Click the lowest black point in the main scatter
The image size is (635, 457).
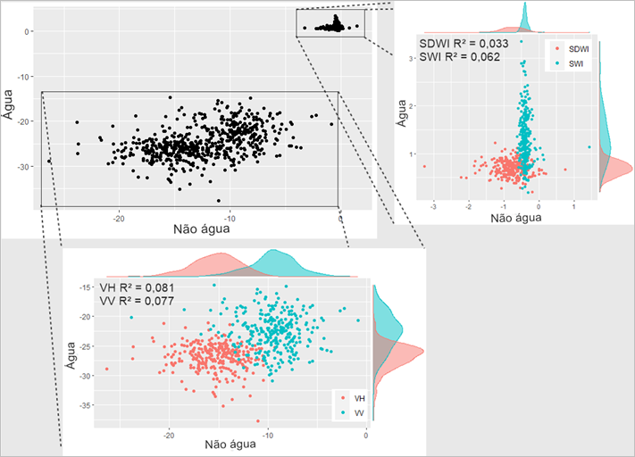[x=219, y=200]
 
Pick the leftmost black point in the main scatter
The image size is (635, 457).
[x=49, y=161]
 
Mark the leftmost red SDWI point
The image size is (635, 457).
[x=424, y=167]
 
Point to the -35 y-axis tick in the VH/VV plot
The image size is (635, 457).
[x=86, y=405]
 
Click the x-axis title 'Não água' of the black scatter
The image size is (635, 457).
[x=193, y=229]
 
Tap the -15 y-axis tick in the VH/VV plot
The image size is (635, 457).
[x=86, y=287]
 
